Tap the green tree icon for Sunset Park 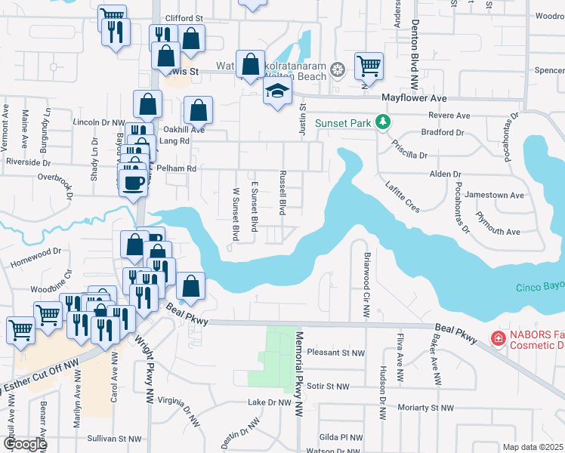(384, 122)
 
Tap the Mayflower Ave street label (414, 99)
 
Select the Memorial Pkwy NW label (299, 373)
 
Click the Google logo (25, 444)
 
